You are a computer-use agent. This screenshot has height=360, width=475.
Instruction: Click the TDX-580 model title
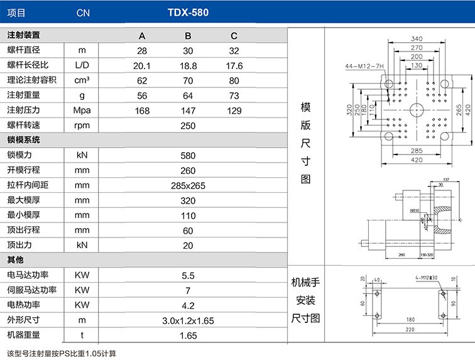tap(188, 12)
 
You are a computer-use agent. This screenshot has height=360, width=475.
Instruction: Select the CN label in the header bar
tap(82, 13)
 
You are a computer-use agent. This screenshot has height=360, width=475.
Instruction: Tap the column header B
tap(188, 35)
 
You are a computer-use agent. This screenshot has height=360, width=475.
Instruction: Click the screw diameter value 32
tap(234, 50)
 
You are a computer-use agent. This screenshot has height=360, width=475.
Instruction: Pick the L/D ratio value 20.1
tap(142, 65)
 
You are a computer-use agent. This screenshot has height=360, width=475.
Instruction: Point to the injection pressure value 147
tap(188, 111)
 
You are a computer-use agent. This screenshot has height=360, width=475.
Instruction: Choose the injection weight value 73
tap(234, 95)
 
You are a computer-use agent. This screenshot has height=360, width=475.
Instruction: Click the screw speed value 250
tap(188, 126)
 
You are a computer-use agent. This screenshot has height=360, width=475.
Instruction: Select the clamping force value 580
tap(188, 155)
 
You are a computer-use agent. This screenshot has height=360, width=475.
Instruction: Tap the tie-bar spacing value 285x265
tap(188, 185)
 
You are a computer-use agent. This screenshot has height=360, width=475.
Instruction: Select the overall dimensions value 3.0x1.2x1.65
tap(188, 320)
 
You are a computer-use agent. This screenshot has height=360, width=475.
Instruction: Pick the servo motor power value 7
tap(188, 290)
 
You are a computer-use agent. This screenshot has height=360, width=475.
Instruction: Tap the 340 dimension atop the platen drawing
tap(416, 38)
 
